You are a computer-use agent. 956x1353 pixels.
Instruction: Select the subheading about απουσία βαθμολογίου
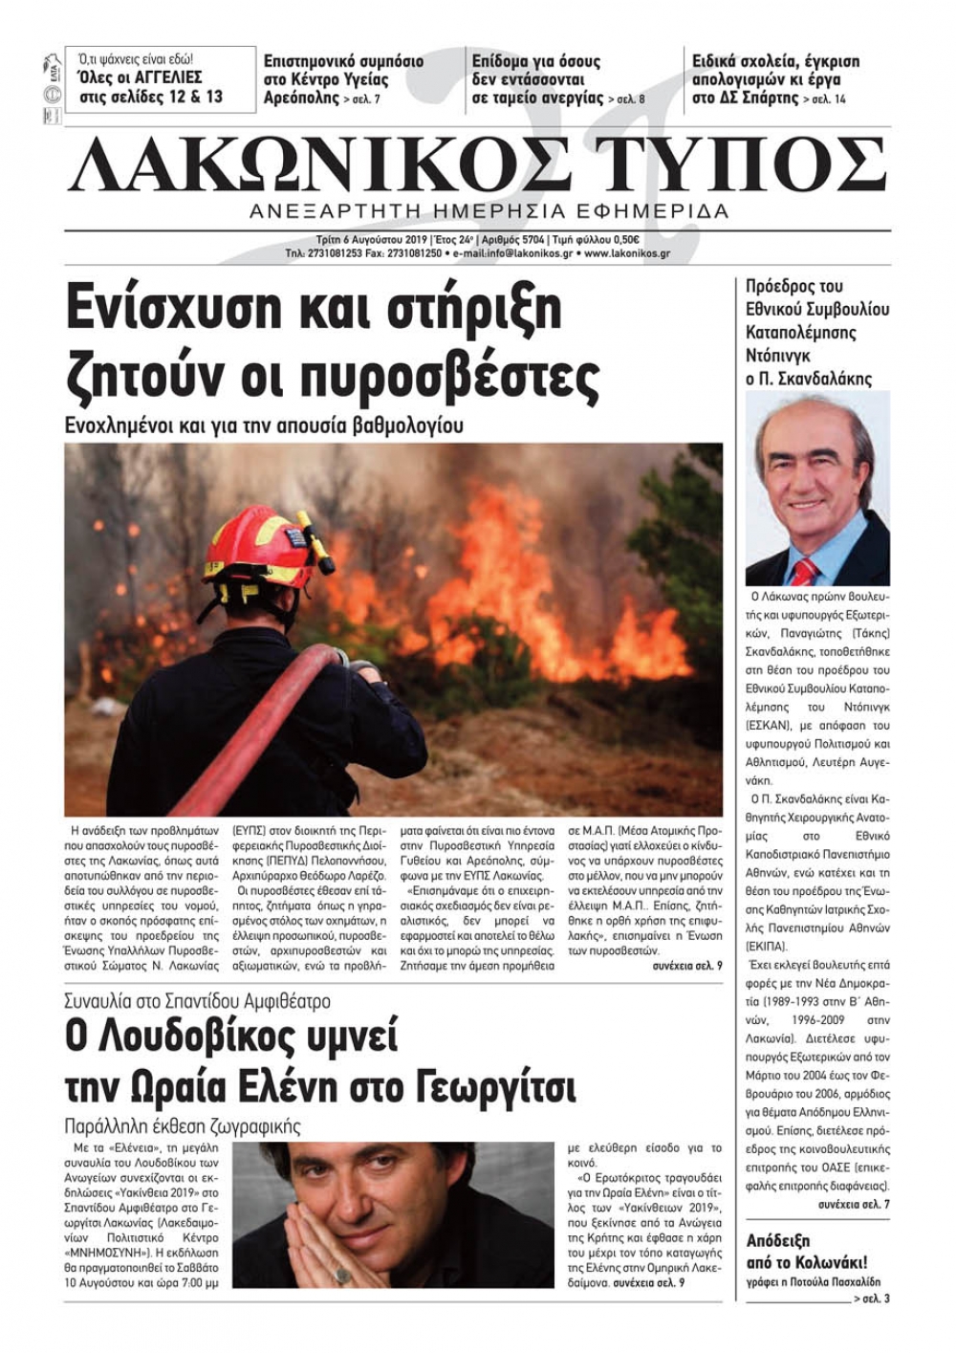tap(264, 425)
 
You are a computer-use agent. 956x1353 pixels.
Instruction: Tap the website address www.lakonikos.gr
tap(626, 254)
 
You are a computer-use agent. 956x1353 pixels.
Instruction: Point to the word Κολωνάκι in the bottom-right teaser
tap(820, 1262)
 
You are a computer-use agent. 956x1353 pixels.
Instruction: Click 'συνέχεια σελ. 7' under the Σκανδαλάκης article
tap(854, 1204)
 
